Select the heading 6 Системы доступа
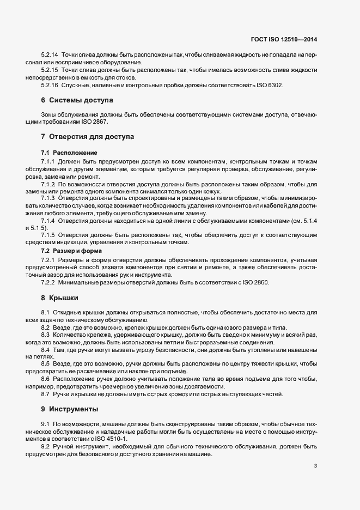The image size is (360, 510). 77,100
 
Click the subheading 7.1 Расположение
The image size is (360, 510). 69,153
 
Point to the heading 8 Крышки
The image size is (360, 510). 60,298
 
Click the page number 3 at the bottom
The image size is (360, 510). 316,466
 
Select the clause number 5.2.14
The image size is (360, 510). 50,56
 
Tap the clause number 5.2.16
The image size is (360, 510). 50,86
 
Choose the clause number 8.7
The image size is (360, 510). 46,393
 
